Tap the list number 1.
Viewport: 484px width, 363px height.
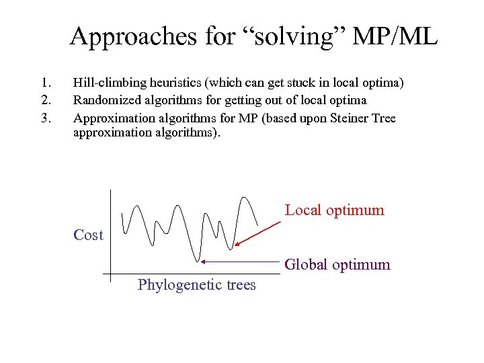45,83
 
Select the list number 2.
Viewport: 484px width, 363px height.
45,101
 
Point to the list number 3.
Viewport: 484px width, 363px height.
45,118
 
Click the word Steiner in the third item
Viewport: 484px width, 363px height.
348,118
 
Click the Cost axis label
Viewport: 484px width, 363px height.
88,235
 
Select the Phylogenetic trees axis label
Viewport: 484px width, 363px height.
196,285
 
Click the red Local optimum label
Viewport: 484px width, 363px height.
334,210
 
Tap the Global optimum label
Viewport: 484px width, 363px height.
337,265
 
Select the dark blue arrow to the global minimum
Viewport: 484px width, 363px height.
242,260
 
